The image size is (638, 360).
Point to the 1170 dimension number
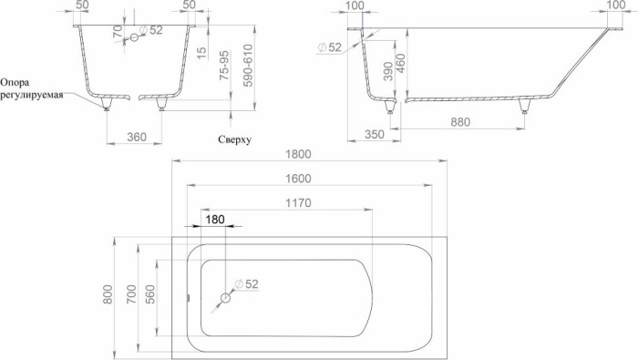299,201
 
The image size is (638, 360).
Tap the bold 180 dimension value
215,220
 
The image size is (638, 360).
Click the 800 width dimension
108,295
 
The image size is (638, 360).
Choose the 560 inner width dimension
152,295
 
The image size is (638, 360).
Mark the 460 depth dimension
374,64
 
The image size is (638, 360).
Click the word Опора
20,81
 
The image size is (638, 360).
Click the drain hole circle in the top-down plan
226,297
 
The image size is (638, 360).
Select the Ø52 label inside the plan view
247,284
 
